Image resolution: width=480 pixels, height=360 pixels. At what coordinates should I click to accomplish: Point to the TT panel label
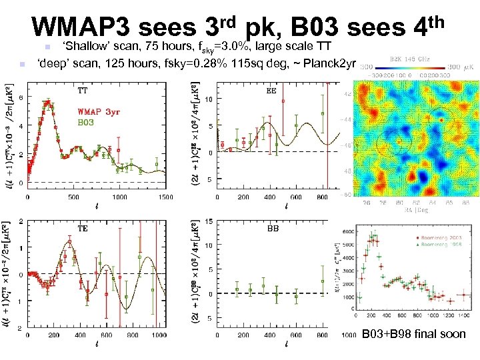83,90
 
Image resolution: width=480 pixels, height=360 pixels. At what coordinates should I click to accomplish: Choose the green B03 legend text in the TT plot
88,123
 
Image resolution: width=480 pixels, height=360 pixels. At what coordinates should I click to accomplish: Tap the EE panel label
271,90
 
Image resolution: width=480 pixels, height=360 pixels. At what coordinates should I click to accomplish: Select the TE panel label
83,228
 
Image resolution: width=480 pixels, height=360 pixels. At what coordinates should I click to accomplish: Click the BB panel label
273,228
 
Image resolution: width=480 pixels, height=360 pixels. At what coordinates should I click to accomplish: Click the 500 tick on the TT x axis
73,197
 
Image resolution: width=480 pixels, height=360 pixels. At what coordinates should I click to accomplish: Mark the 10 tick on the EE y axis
208,99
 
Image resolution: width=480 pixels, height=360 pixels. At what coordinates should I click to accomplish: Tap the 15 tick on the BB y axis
208,221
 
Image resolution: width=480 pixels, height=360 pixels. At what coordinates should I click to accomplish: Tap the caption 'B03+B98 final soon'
413,333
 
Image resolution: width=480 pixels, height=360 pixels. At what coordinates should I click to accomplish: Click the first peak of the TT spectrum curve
47,103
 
